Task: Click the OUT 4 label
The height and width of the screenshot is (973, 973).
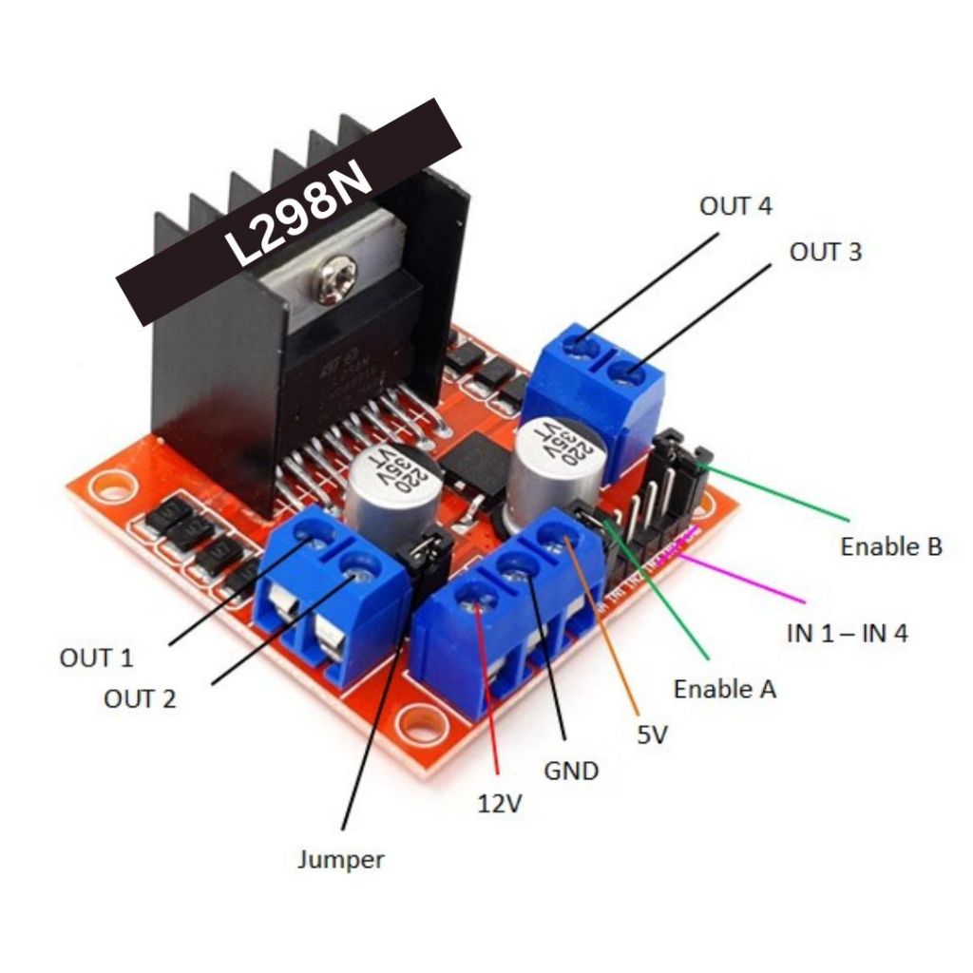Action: pos(735,206)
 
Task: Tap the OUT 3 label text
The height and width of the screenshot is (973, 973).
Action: pos(826,252)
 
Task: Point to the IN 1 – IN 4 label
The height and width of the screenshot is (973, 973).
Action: pos(847,632)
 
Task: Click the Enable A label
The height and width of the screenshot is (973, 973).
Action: pos(724,689)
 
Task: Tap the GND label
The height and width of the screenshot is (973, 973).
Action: pos(570,770)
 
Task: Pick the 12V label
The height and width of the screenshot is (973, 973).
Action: pos(499,804)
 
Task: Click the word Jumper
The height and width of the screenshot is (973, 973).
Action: pos(340,860)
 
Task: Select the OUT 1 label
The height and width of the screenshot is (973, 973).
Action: pos(96,658)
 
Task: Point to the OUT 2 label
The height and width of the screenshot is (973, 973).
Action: pos(140,699)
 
